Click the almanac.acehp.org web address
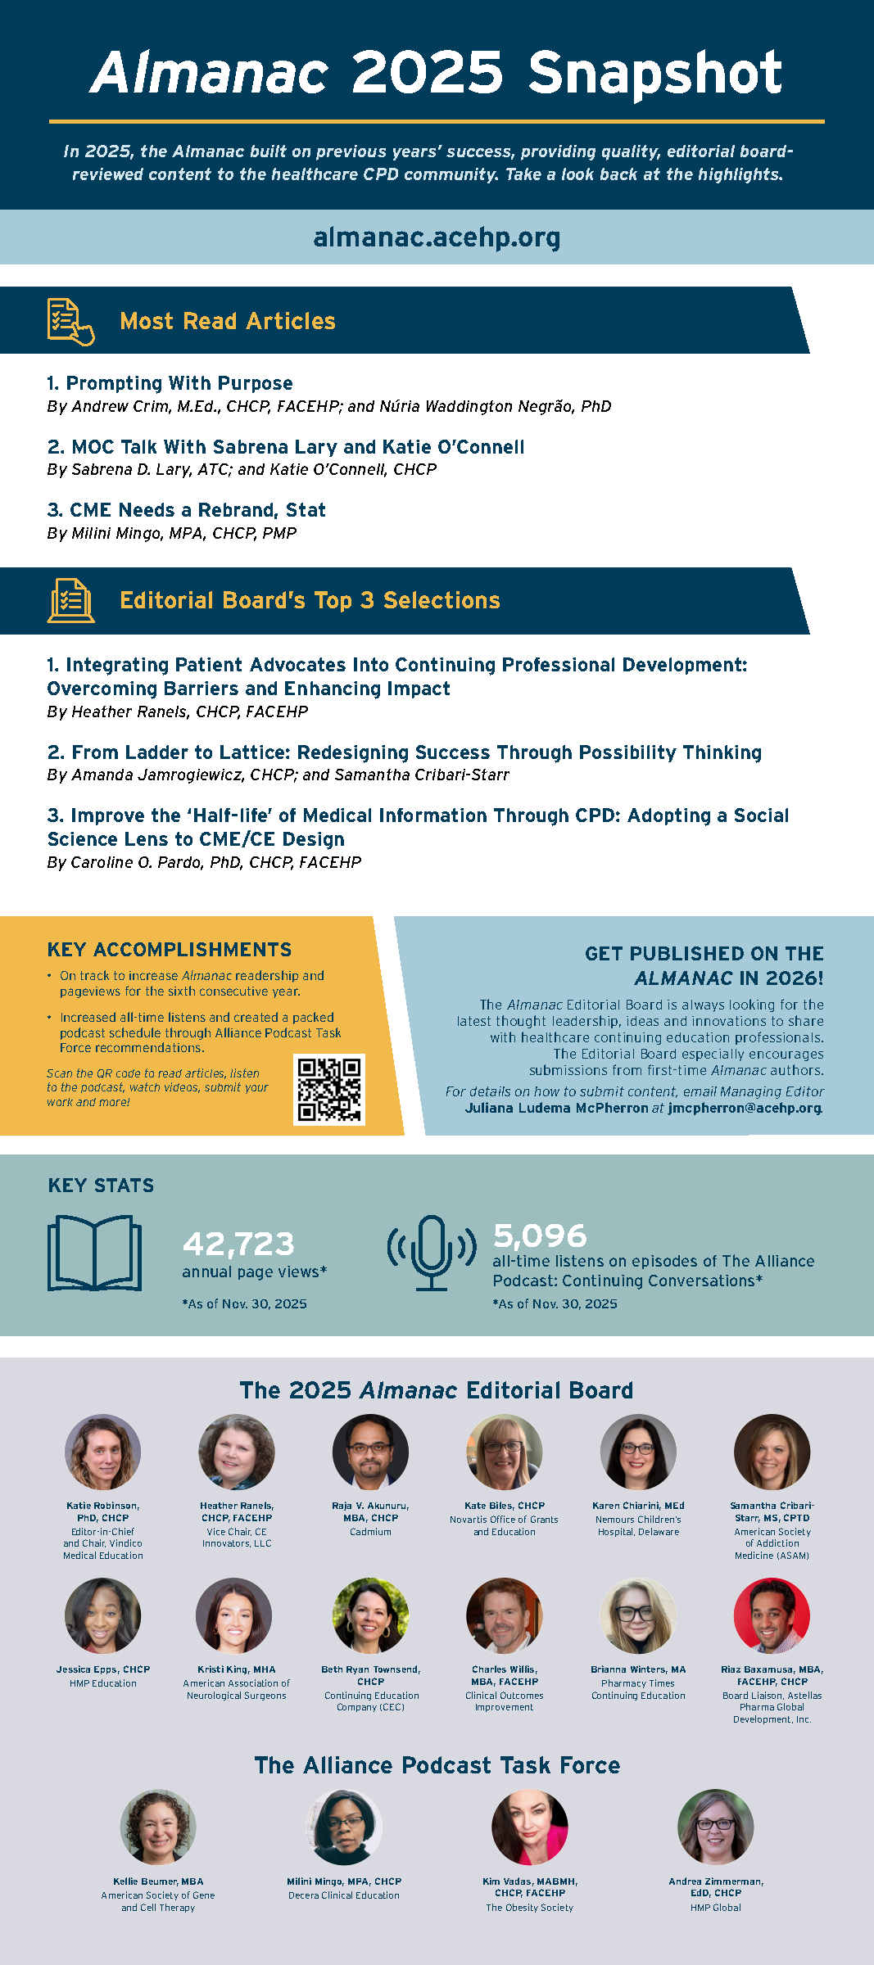coord(437,237)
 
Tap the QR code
coord(329,1089)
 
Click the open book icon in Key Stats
coord(94,1253)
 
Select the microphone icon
coord(432,1252)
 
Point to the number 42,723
coord(238,1244)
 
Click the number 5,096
coord(540,1235)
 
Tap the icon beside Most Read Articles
coord(70,321)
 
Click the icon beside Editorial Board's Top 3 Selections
coord(70,600)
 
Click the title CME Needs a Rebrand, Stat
coord(187,510)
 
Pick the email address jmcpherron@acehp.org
coord(744,1108)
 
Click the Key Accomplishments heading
coord(170,950)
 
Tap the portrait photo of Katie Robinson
coord(103,1452)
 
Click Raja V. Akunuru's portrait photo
coord(370,1452)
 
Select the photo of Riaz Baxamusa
coord(772,1615)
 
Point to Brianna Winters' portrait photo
coord(638,1615)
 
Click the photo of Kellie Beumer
coord(158,1827)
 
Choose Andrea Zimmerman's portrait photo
coord(715,1827)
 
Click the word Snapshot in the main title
coord(654,73)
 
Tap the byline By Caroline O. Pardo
coord(204,862)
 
